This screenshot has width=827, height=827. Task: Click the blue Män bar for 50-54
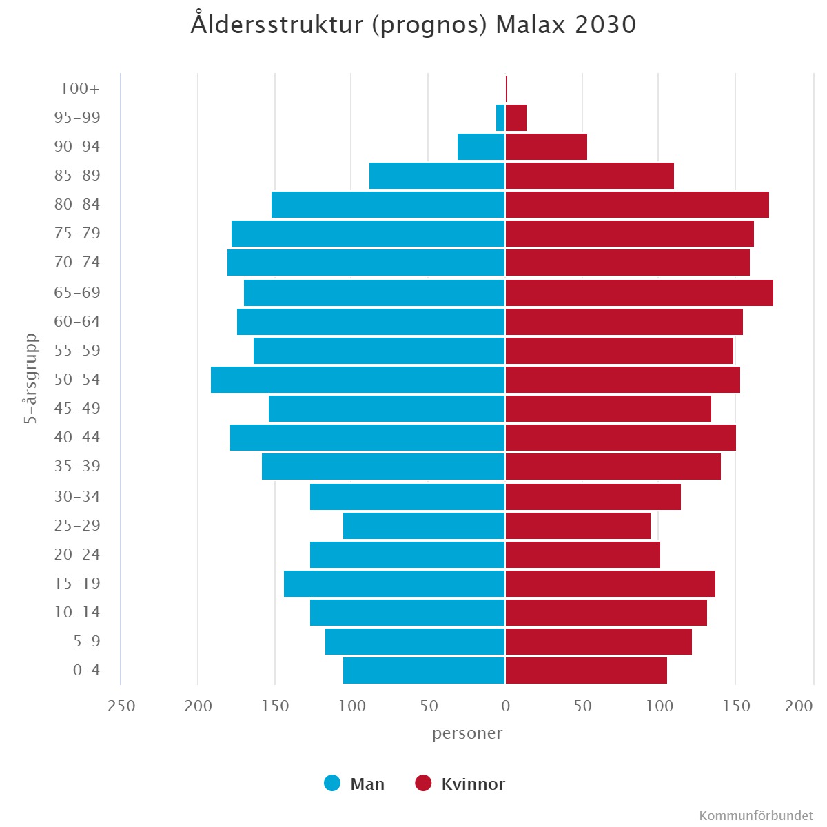pyautogui.click(x=358, y=380)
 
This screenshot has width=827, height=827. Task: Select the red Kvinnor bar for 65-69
pyautogui.click(x=640, y=293)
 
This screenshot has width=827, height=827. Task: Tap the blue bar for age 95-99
pyautogui.click(x=500, y=118)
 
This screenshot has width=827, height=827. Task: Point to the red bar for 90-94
pyautogui.click(x=547, y=147)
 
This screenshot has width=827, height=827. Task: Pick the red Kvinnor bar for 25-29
pyautogui.click(x=578, y=526)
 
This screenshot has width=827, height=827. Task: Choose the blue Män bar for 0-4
pyautogui.click(x=425, y=671)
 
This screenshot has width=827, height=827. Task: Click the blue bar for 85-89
pyautogui.click(x=438, y=176)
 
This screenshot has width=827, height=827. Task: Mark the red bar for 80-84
pyautogui.click(x=637, y=205)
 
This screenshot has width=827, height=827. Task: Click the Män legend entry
pyautogui.click(x=354, y=784)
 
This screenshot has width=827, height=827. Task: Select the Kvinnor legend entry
pyautogui.click(x=460, y=784)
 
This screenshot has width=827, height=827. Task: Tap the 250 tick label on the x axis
pyautogui.click(x=121, y=706)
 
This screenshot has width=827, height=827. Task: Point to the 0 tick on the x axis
pyautogui.click(x=505, y=706)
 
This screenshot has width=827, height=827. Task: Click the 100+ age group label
pyautogui.click(x=80, y=89)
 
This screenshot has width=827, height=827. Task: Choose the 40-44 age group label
pyautogui.click(x=76, y=437)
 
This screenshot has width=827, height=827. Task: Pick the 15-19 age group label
pyautogui.click(x=76, y=583)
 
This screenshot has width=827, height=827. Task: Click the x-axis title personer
pyautogui.click(x=467, y=733)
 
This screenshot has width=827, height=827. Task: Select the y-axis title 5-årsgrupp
pyautogui.click(x=31, y=378)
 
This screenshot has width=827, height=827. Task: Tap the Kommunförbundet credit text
pyautogui.click(x=755, y=816)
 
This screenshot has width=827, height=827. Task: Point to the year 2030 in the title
pyautogui.click(x=606, y=25)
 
